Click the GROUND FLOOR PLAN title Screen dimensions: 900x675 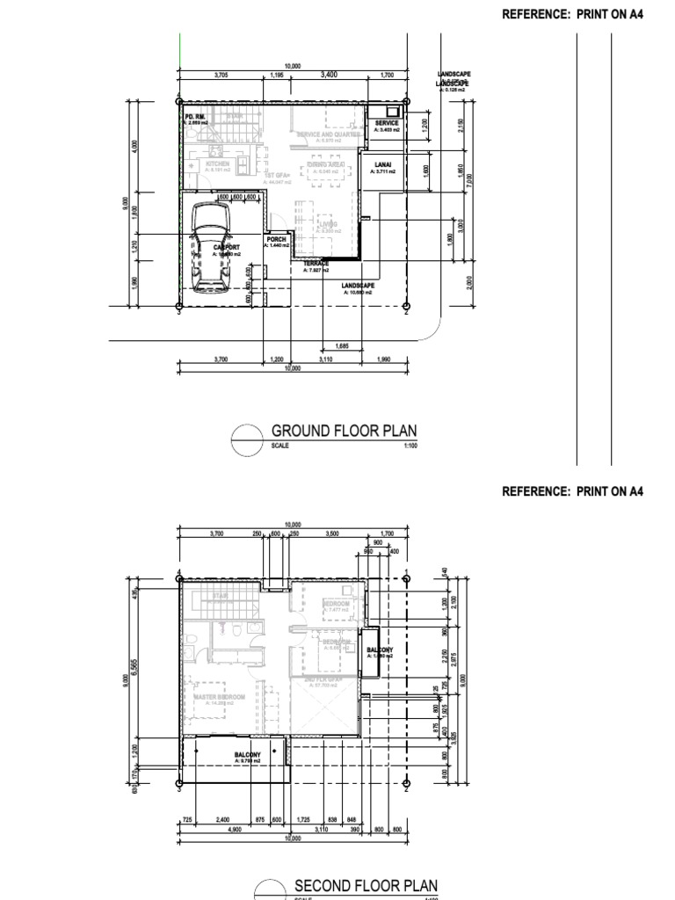pos(344,431)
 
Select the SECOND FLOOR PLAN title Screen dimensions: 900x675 pos(365,884)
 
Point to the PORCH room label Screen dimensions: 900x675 pos(277,239)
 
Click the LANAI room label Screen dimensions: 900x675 pos(382,164)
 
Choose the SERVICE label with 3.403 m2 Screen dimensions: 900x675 pos(387,124)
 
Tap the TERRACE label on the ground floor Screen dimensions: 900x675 pos(316,264)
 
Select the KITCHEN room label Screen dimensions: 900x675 pos(217,163)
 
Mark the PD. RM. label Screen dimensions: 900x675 pos(194,116)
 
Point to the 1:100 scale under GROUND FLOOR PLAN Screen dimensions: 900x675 pos(409,446)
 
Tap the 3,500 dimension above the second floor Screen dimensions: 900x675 pos(332,533)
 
